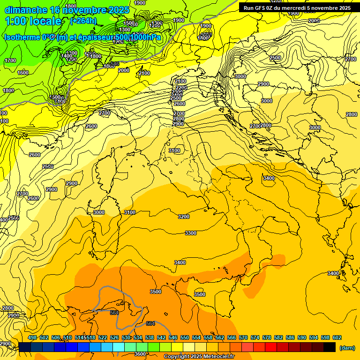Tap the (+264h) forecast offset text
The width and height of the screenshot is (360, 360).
click(x=83, y=21)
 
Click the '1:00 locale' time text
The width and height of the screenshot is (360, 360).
click(x=33, y=21)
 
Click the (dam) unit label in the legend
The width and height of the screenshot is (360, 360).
click(x=346, y=348)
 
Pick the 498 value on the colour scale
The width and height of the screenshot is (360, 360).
click(x=32, y=337)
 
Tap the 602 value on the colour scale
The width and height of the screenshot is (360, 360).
click(x=337, y=337)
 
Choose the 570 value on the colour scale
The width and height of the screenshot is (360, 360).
click(x=243, y=337)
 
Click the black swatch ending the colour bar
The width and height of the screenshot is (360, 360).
click(x=330, y=347)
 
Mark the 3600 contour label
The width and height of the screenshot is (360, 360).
click(x=140, y=354)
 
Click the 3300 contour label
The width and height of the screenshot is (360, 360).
click(x=191, y=233)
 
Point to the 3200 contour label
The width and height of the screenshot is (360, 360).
click(x=184, y=217)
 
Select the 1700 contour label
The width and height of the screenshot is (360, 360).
click(x=10, y=60)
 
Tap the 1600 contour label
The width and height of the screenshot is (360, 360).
click(x=23, y=73)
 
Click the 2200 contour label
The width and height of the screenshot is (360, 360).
click(x=181, y=88)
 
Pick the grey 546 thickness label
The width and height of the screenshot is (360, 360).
click(x=115, y=63)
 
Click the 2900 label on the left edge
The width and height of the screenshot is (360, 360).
click(x=5, y=344)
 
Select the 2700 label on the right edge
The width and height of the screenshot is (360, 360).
click(x=350, y=59)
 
